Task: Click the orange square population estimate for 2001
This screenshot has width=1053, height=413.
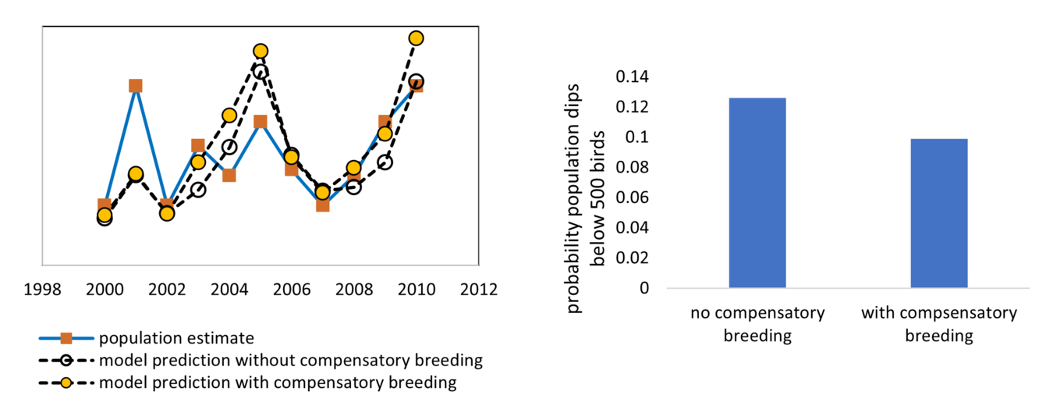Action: tap(135, 86)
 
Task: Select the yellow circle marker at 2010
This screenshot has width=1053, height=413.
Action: tap(416, 38)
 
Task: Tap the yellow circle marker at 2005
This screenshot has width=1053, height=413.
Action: tap(260, 52)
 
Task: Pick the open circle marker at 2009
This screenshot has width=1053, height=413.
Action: tap(385, 162)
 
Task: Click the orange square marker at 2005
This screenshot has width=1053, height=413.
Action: tap(260, 121)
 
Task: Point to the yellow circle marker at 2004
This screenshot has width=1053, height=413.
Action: tap(229, 116)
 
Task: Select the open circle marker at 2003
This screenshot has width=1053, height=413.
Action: tap(197, 189)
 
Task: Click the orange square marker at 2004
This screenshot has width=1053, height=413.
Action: tap(229, 174)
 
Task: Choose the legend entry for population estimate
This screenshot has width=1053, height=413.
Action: tap(175, 338)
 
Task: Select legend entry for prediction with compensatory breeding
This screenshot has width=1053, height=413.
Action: tap(277, 383)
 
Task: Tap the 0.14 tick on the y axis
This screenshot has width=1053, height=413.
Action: tap(632, 77)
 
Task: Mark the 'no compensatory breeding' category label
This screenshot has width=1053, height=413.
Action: tap(757, 324)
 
